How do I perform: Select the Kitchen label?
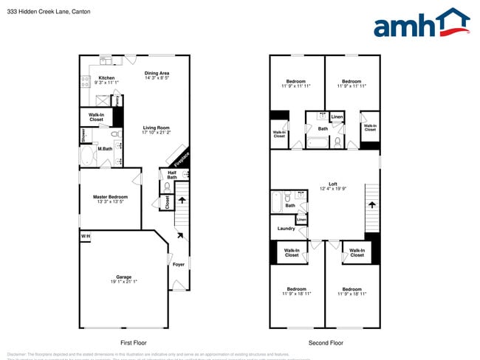(106, 77)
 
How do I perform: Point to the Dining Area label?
(157, 73)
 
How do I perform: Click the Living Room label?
(157, 128)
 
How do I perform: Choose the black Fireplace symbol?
(179, 157)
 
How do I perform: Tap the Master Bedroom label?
(109, 197)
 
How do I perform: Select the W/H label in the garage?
(86, 236)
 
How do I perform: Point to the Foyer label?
(179, 264)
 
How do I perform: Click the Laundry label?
(286, 229)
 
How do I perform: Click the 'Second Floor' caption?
(326, 343)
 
